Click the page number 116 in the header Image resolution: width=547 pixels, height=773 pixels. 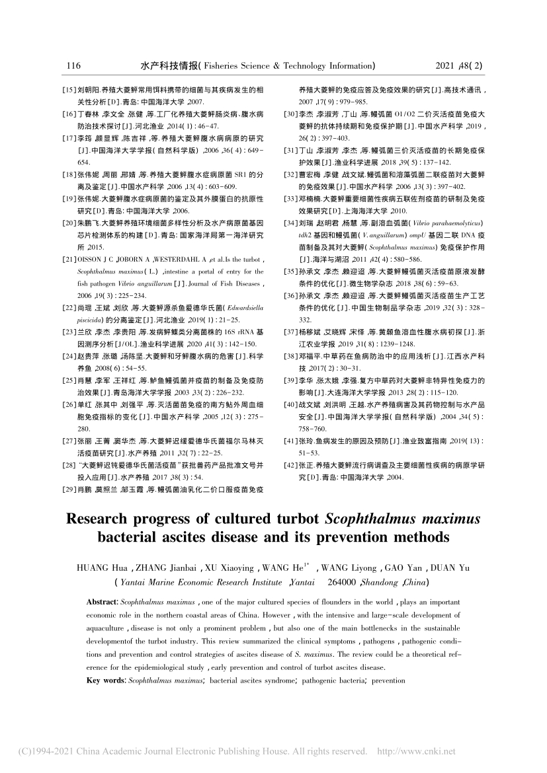(x=73, y=65)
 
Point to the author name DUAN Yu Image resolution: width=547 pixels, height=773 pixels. (x=456, y=566)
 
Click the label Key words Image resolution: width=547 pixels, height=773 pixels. (x=105, y=679)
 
